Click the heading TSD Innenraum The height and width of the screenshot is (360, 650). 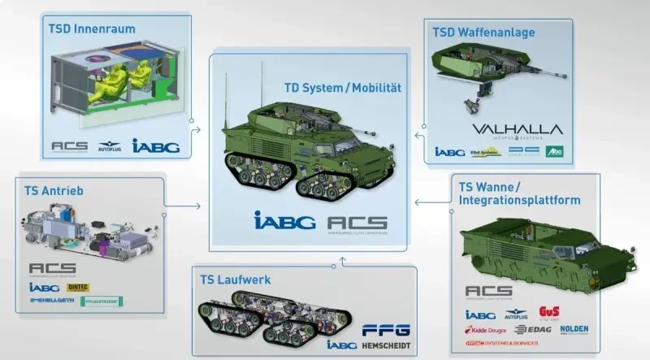91,29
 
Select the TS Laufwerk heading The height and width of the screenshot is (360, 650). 236,280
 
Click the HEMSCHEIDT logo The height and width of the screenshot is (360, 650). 385,345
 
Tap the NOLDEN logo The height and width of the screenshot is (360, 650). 578,331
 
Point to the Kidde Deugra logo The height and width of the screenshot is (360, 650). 486,331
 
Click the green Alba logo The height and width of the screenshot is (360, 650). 553,152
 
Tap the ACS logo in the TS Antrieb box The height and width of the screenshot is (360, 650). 52,268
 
